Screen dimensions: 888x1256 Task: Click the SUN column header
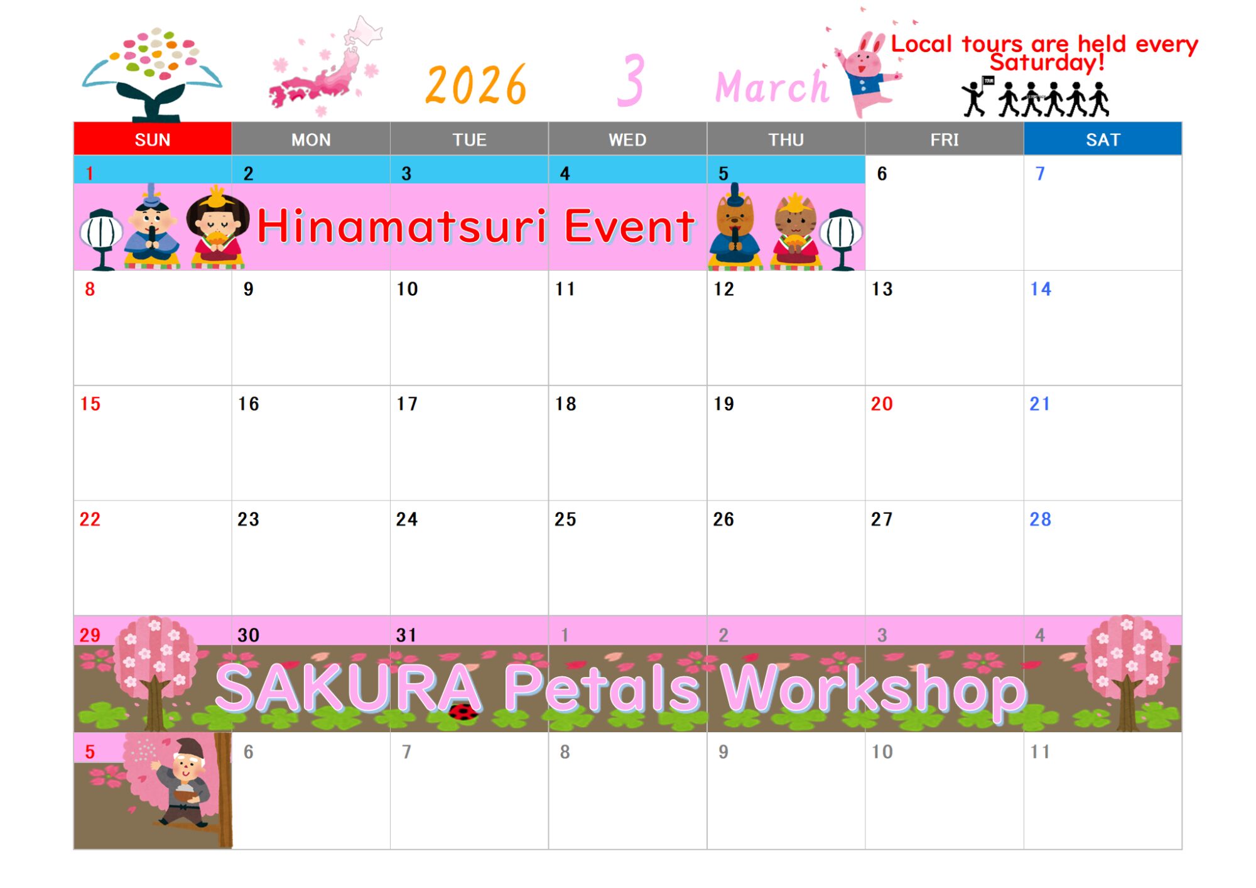(153, 139)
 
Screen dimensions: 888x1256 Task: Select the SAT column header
(1103, 139)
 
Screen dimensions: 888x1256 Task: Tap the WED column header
(627, 139)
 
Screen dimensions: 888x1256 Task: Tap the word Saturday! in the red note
(1047, 62)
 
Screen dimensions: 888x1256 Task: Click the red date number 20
(882, 404)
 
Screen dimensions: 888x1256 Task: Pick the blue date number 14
(1041, 289)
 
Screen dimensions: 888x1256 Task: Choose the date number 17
(407, 404)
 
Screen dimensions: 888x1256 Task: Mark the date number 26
(723, 519)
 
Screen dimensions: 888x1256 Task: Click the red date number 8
(90, 289)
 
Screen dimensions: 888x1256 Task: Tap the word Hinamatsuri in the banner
(402, 226)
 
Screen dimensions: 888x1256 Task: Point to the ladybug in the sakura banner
(463, 712)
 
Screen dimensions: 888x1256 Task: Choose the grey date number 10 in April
(882, 752)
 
